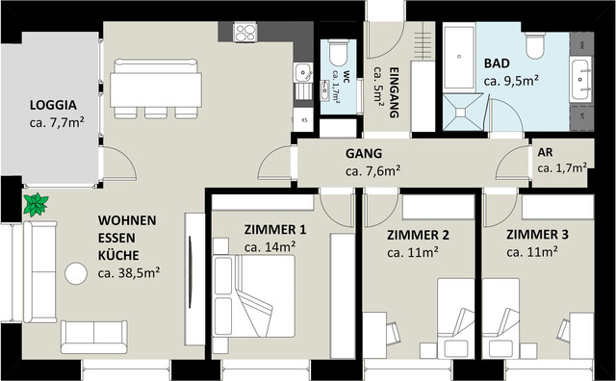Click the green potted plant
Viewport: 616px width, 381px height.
37,204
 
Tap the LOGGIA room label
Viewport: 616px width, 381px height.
53,105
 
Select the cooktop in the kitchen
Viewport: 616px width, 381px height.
245,32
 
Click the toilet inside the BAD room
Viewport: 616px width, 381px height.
534,44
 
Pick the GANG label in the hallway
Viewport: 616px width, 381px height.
364,153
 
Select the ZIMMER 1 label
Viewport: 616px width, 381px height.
274,230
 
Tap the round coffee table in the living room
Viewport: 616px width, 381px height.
75,272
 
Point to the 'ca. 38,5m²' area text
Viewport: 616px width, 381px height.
128,273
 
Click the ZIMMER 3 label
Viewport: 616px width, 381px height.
537,235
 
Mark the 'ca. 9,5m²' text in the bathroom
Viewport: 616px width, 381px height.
511,81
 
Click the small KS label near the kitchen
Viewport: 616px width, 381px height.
304,120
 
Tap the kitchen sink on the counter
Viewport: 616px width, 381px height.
303,71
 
